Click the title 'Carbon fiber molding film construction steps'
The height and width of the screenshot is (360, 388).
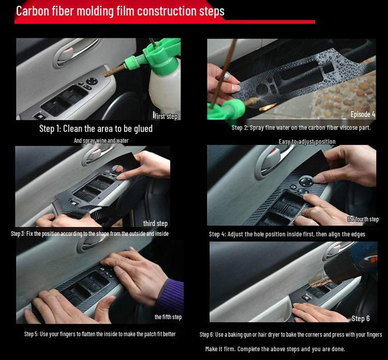point(120,11)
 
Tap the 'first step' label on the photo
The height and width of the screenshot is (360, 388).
point(166,116)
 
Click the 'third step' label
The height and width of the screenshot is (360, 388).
point(155,223)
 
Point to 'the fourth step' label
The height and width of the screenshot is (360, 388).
point(363,219)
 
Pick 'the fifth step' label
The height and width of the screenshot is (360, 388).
point(168,317)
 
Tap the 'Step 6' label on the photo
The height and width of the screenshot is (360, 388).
point(361,318)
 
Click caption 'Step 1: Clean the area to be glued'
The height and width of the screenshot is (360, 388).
point(96,129)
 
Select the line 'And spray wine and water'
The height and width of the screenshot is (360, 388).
point(101,141)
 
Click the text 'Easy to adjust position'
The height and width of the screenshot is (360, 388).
point(307,142)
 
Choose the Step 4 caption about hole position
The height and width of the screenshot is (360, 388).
point(287,234)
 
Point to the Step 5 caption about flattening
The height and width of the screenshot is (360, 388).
point(100,334)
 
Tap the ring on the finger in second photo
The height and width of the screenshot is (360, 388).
point(226,76)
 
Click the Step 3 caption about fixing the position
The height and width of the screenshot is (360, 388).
point(89,234)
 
